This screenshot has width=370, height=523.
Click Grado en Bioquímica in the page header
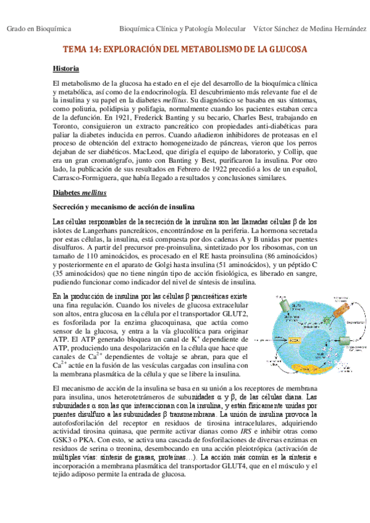[x=38, y=29]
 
